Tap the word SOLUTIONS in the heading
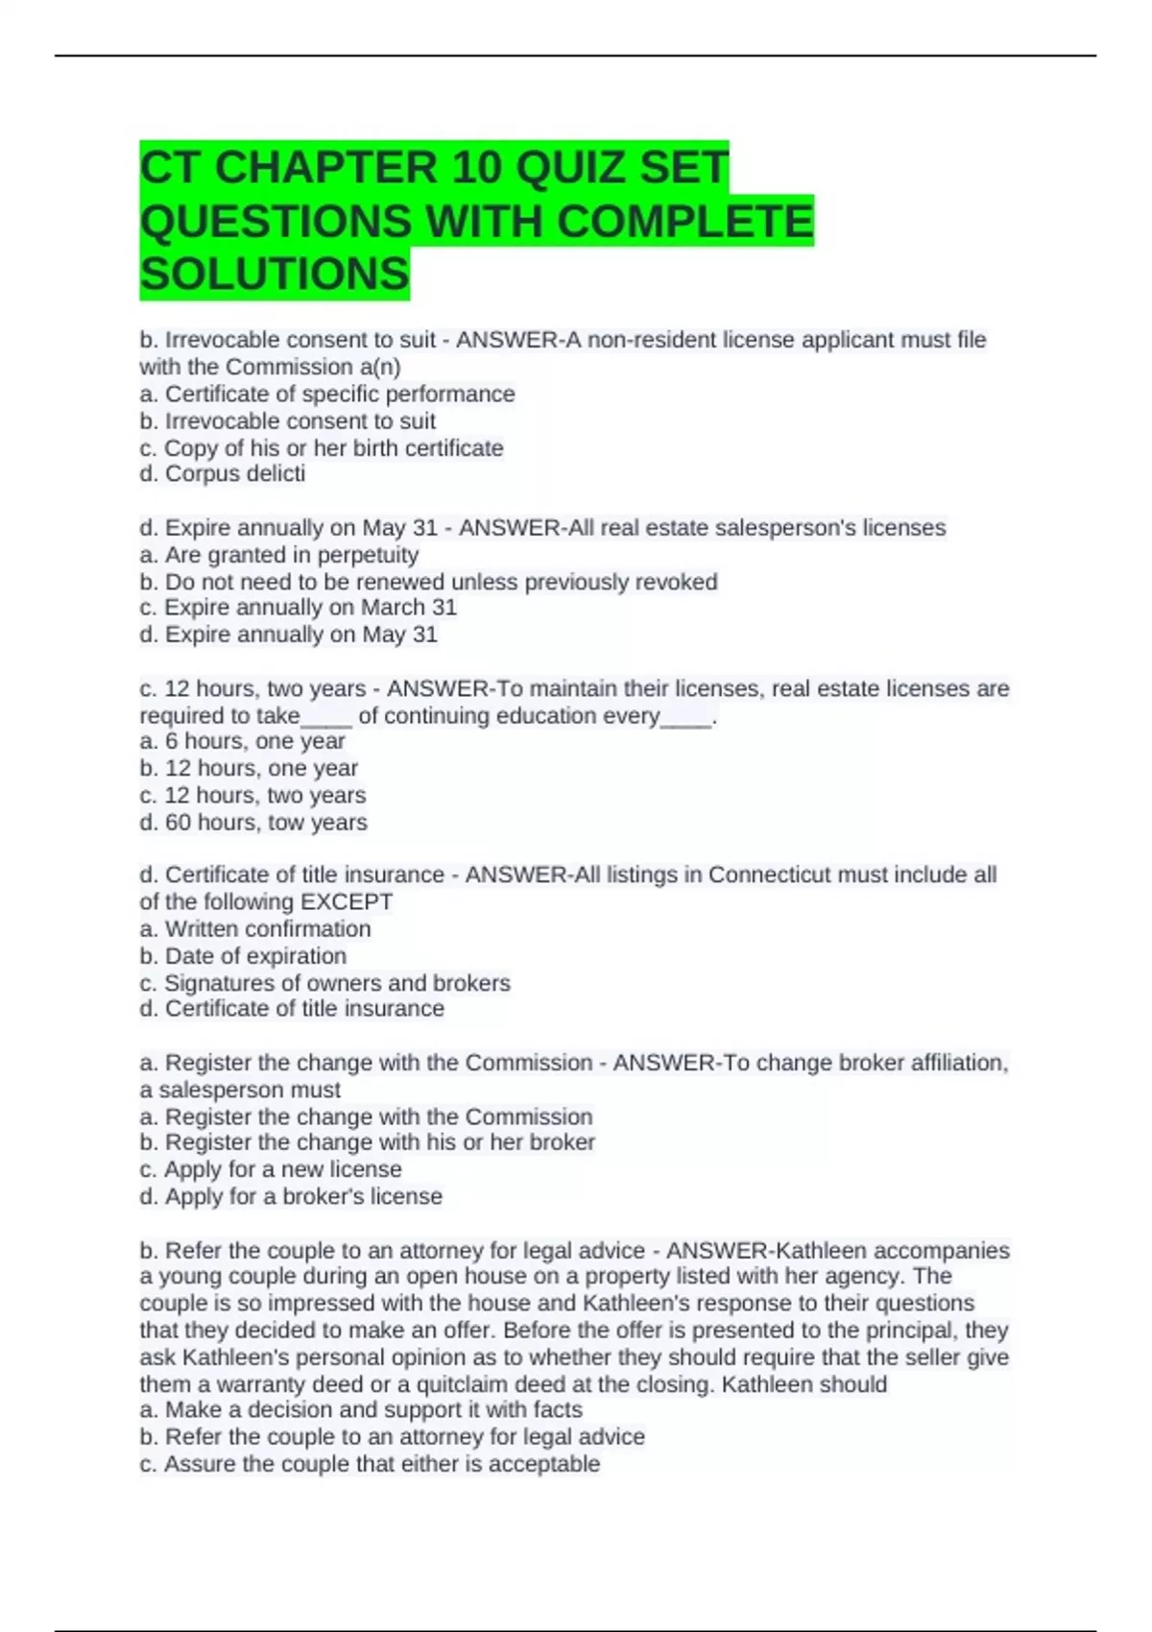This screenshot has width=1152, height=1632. (x=275, y=275)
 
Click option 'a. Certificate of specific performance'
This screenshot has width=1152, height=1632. (x=326, y=395)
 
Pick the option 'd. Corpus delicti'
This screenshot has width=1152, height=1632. (x=223, y=474)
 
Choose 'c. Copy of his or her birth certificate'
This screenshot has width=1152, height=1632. (x=321, y=448)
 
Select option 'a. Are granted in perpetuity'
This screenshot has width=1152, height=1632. (x=278, y=555)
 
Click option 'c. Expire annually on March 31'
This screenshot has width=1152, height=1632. (x=298, y=608)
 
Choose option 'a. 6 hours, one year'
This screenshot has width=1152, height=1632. (x=242, y=741)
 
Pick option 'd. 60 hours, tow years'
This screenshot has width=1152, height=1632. (x=253, y=823)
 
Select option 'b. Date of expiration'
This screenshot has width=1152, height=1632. (x=243, y=956)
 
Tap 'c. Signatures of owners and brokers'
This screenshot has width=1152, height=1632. (x=324, y=983)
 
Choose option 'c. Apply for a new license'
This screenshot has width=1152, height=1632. (x=271, y=1169)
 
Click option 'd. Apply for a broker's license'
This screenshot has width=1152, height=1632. (x=291, y=1197)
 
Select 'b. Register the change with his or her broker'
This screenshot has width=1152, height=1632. (x=367, y=1142)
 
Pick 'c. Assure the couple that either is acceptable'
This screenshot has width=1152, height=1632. (x=370, y=1464)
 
